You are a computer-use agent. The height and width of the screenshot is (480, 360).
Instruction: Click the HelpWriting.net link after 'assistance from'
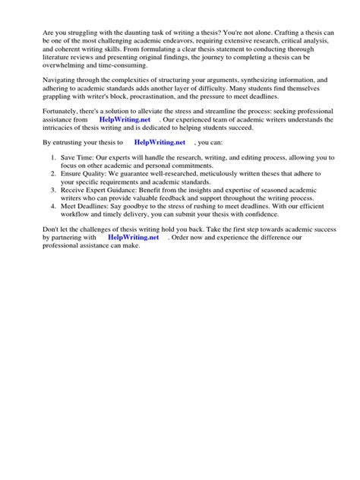125,119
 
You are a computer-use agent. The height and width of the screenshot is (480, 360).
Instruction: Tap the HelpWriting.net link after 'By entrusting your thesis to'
160,141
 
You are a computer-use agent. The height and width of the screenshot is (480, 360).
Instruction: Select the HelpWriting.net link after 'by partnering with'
134,237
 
